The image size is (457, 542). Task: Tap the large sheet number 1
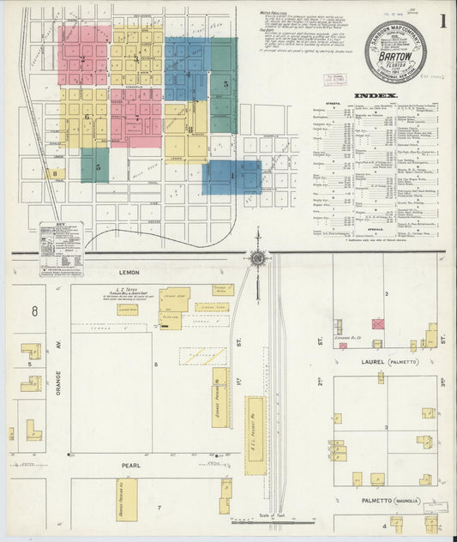pyautogui.click(x=442, y=19)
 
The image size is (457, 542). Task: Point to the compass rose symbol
pyautogui.click(x=257, y=257)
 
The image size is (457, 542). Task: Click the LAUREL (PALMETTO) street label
pyautogui.click(x=383, y=362)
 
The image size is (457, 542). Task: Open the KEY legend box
pyautogui.click(x=61, y=250)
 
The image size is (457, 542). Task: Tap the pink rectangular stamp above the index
pyautogui.click(x=332, y=78)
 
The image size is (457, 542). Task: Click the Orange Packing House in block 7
pyautogui.click(x=126, y=500)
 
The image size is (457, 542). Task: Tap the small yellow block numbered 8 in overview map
pyautogui.click(x=56, y=173)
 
